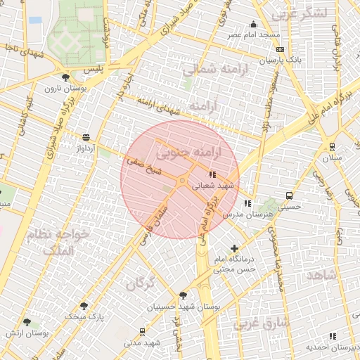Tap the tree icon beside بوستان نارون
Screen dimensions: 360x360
[65, 77]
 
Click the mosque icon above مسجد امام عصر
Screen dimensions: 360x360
[253, 24]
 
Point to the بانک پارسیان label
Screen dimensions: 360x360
[281, 60]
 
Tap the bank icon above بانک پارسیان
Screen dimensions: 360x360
[281, 50]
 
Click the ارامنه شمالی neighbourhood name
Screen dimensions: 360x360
[209, 70]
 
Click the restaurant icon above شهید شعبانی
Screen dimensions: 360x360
[212, 174]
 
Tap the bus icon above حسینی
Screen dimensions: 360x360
[289, 195]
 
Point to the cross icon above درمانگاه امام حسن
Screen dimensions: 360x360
[234, 248]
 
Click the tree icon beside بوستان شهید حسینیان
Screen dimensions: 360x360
[184, 296]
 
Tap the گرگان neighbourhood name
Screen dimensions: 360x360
[141, 283]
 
